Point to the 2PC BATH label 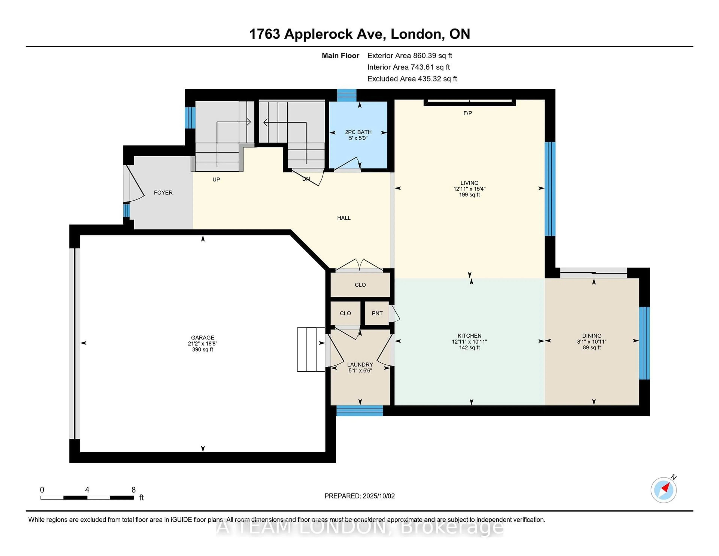(x=358, y=132)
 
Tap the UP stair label (x=216, y=179)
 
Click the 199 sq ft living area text (x=469, y=195)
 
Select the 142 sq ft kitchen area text (x=469, y=347)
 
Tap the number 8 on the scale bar (x=134, y=490)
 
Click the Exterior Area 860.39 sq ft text (x=410, y=56)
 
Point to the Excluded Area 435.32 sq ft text (x=412, y=79)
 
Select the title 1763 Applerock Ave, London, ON (x=359, y=34)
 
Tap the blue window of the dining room (x=644, y=343)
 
